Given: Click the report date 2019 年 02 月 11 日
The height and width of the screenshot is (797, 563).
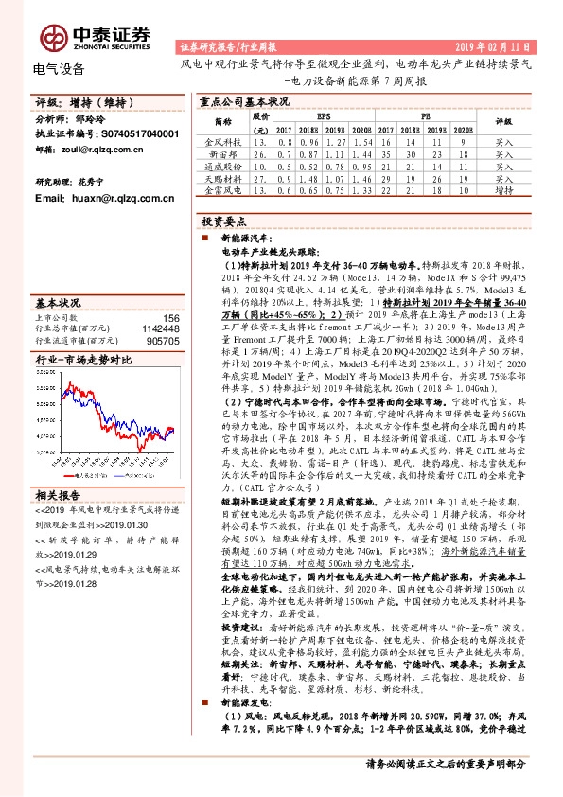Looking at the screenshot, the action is pyautogui.click(x=495, y=45).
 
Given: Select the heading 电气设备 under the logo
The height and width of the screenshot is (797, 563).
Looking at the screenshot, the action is pyautogui.click(x=59, y=68).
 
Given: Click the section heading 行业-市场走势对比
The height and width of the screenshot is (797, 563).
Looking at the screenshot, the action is pyautogui.click(x=83, y=361).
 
